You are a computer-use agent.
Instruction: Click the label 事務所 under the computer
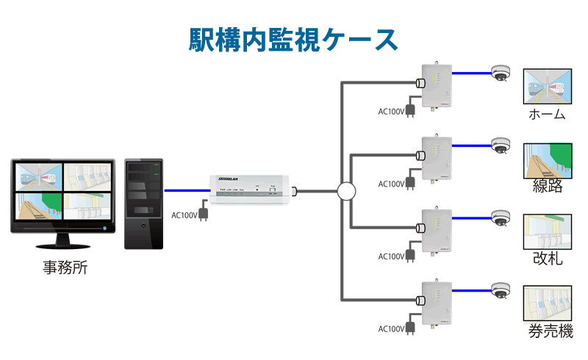[x=65, y=267]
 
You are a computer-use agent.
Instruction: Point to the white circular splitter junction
[x=346, y=192]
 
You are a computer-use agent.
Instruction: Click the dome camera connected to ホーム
[x=501, y=73]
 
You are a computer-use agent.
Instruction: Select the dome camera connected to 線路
[x=501, y=144]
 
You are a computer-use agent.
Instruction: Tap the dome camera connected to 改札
[x=501, y=217]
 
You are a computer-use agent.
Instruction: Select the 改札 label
[x=548, y=258]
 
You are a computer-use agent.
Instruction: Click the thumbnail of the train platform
[x=548, y=87]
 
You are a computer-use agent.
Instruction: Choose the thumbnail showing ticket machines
[x=548, y=304]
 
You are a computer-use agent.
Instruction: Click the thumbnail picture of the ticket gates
[x=548, y=231]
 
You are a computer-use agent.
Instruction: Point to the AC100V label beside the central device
[x=184, y=215]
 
